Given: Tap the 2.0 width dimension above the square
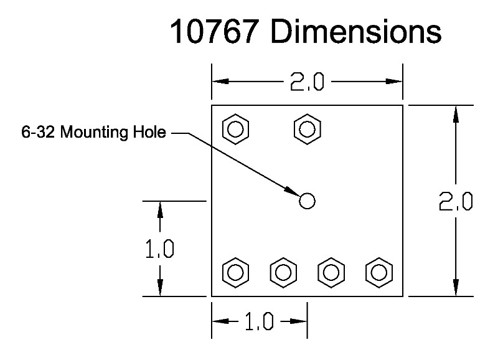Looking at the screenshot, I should click(306, 82).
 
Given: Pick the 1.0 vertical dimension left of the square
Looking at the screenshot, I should click(159, 249).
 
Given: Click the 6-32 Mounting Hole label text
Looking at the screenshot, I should click(94, 133).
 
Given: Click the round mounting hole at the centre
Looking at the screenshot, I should click(307, 201).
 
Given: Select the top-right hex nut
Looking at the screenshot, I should click(307, 129).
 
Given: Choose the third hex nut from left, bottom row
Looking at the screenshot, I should click(331, 272).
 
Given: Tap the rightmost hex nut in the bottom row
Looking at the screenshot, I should click(378, 272).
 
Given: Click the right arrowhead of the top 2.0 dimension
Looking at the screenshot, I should click(395, 82).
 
